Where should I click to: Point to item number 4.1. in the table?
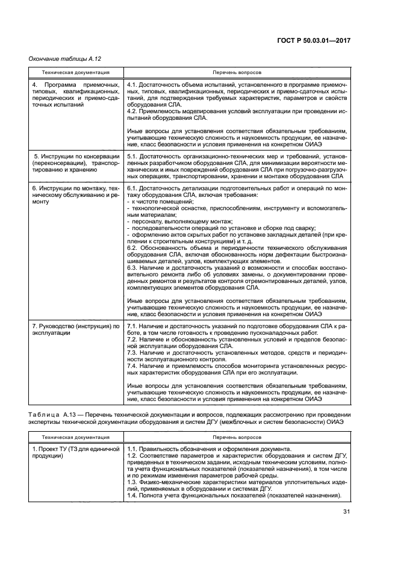[x=133, y=85]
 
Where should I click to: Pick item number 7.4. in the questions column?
[x=133, y=366]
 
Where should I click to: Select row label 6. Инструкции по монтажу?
[x=75, y=189]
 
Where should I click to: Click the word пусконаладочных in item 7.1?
[x=273, y=332]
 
